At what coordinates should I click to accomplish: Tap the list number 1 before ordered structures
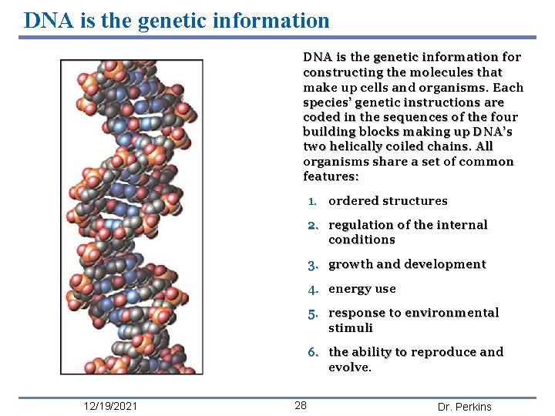(x=312, y=201)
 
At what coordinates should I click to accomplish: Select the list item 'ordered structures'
(x=388, y=201)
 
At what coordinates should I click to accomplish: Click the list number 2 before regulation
(x=313, y=225)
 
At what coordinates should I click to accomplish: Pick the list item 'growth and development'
(x=407, y=264)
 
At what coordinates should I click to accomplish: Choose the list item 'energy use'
(x=362, y=289)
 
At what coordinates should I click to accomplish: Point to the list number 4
(x=313, y=289)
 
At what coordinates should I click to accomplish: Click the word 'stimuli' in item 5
(x=350, y=328)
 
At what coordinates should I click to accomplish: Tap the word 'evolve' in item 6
(x=348, y=367)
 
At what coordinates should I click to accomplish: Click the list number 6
(x=313, y=352)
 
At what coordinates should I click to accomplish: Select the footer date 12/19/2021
(x=111, y=407)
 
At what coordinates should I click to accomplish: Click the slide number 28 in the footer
(x=301, y=406)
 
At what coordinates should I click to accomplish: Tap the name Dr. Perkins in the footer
(x=464, y=407)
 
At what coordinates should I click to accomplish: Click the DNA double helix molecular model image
(x=132, y=216)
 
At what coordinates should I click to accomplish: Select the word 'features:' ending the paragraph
(x=331, y=176)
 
